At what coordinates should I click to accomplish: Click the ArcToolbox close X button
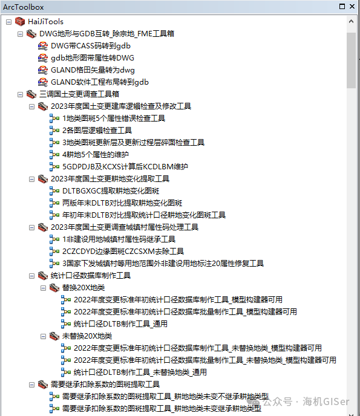point(352,7)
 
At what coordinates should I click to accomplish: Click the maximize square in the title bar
point(342,7)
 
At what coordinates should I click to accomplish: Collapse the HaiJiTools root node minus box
point(8,22)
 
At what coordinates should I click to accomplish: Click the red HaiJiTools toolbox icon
point(20,22)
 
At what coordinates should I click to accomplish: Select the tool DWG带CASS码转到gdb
point(91,46)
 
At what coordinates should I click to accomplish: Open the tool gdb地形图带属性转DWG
point(93,58)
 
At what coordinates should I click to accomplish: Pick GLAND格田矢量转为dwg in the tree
point(93,70)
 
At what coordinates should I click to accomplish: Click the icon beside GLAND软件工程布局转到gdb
point(43,82)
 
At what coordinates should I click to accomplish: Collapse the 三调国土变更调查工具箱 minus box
point(20,94)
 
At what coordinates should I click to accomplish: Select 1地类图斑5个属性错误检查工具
point(114,119)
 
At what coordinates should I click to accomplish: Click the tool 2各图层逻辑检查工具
point(97,131)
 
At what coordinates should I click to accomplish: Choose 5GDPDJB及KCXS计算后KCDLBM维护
point(125,167)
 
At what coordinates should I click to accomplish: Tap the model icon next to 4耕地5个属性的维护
point(54,154)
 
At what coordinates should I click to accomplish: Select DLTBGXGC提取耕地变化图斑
point(111,191)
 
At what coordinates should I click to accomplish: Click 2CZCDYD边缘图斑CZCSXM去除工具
point(123,252)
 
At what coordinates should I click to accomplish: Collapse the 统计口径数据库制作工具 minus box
point(31,276)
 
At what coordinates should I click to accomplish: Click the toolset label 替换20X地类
point(83,288)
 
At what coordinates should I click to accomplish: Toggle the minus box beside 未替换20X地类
point(44,336)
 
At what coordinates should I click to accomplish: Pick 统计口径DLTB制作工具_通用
point(120,324)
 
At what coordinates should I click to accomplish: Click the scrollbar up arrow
point(351,21)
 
